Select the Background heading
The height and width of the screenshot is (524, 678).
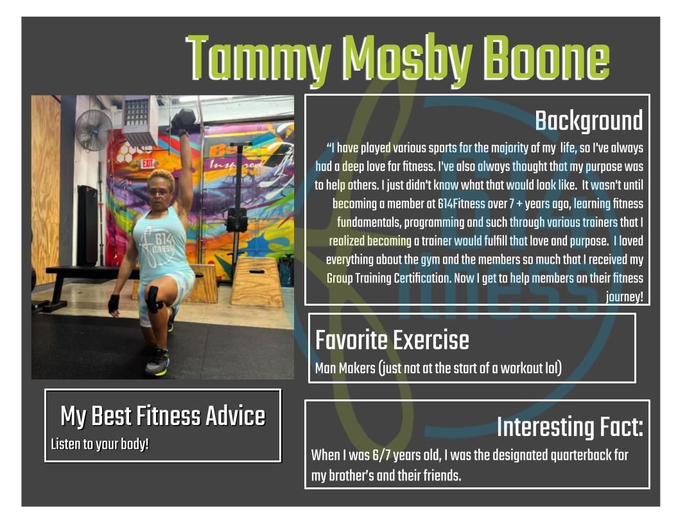pyautogui.click(x=588, y=121)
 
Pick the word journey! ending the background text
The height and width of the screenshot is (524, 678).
pyautogui.click(x=624, y=297)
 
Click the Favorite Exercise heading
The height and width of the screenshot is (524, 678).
pyautogui.click(x=392, y=340)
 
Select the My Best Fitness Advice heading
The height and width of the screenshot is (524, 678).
pyautogui.click(x=162, y=416)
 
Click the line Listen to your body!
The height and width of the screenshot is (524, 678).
pyautogui.click(x=100, y=444)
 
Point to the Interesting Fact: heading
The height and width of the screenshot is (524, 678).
pyautogui.click(x=569, y=427)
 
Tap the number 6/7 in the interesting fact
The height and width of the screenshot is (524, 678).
pyautogui.click(x=380, y=455)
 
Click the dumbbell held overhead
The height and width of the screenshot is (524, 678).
pyautogui.click(x=185, y=119)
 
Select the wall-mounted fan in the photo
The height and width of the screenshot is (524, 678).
pyautogui.click(x=94, y=130)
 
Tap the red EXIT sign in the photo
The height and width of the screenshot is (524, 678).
pyautogui.click(x=148, y=163)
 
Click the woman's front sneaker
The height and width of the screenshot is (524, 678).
pyautogui.click(x=157, y=363)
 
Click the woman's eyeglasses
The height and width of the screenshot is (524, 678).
pyautogui.click(x=159, y=191)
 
